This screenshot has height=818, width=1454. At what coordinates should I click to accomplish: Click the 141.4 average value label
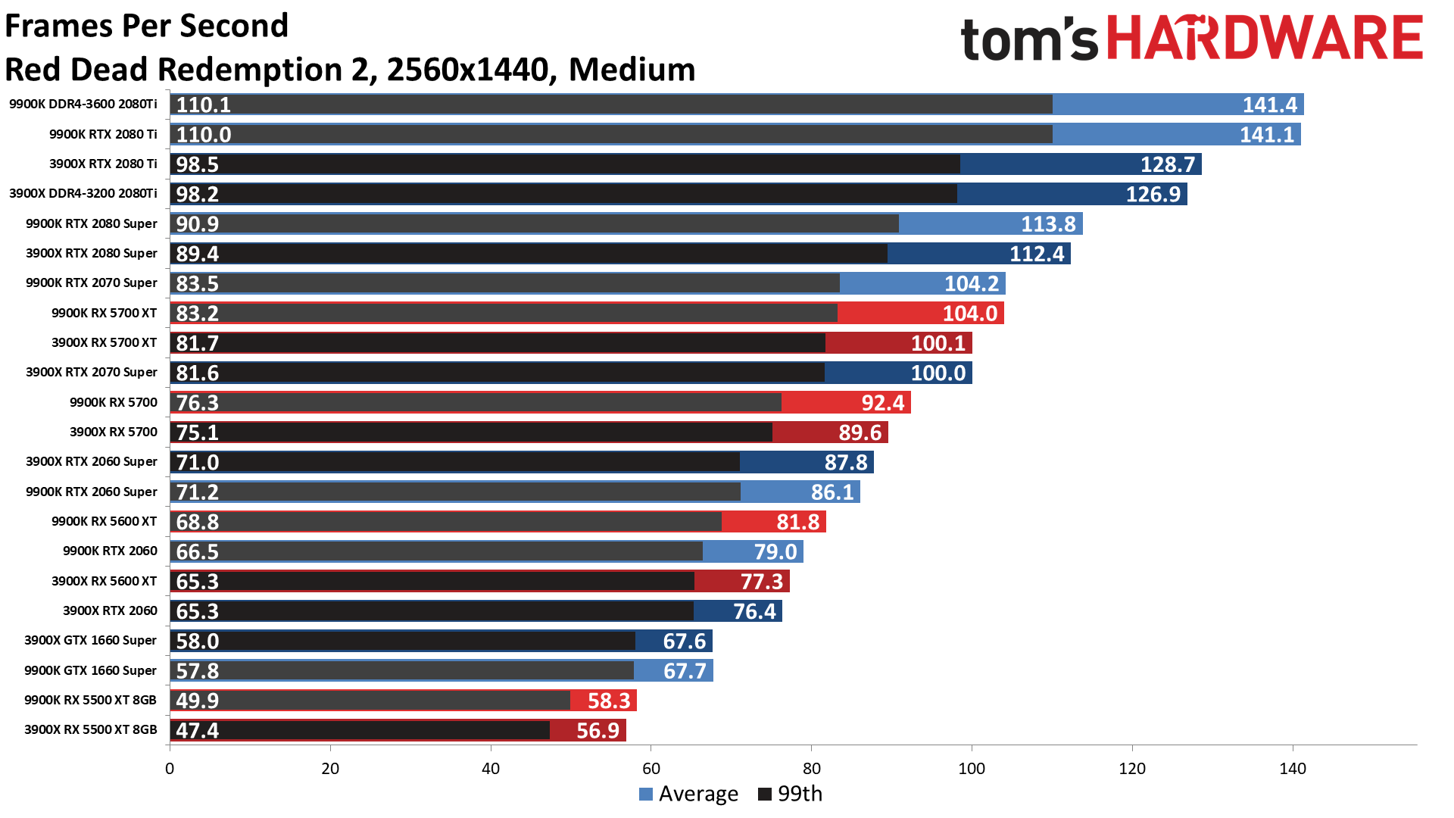pyautogui.click(x=1269, y=105)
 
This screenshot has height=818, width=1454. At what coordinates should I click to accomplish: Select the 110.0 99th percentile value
pyautogui.click(x=203, y=134)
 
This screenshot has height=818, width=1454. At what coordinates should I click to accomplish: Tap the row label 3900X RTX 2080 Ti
pyautogui.click(x=103, y=164)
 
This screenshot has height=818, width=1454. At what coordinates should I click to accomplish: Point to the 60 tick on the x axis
pyautogui.click(x=651, y=769)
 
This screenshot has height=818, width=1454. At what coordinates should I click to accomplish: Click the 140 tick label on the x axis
pyautogui.click(x=1292, y=769)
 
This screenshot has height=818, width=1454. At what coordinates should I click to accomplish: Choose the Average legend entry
pyautogui.click(x=688, y=794)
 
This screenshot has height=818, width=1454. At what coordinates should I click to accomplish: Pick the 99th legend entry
pyautogui.click(x=791, y=794)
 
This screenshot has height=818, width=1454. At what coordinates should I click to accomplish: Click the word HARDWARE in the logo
pyautogui.click(x=1265, y=38)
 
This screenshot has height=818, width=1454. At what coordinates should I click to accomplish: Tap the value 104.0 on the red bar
pyautogui.click(x=969, y=313)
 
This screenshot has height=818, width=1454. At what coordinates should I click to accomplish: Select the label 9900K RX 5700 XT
pyautogui.click(x=104, y=313)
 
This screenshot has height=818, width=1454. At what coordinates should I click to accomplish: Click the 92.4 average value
pyautogui.click(x=882, y=402)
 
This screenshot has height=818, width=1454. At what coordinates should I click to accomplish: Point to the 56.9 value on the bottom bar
pyautogui.click(x=598, y=730)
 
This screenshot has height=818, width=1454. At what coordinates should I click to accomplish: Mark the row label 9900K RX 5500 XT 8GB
pyautogui.click(x=90, y=700)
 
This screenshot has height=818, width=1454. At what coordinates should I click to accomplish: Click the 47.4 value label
pyautogui.click(x=197, y=730)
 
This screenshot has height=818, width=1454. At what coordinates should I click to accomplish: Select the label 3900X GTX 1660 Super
pyautogui.click(x=90, y=640)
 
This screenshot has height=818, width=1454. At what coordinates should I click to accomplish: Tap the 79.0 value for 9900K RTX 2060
pyautogui.click(x=775, y=551)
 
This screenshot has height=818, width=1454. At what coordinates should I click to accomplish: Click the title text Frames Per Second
pyautogui.click(x=146, y=26)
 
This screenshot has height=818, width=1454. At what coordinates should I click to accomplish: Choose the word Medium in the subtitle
pyautogui.click(x=632, y=70)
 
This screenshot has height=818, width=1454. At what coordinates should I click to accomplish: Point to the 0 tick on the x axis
pyautogui.click(x=170, y=769)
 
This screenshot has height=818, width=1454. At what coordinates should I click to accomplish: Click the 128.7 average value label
pyautogui.click(x=1167, y=164)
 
